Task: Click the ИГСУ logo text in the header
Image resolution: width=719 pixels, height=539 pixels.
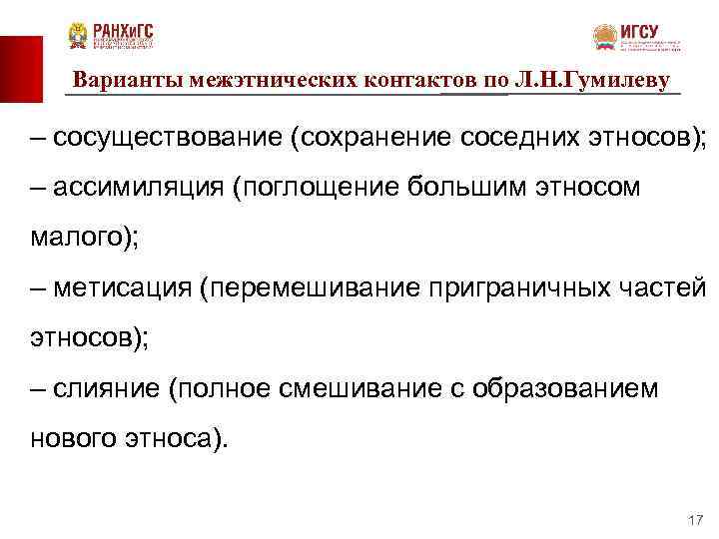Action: pos(639,32)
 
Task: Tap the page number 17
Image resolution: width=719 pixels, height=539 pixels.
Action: pos(696,521)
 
